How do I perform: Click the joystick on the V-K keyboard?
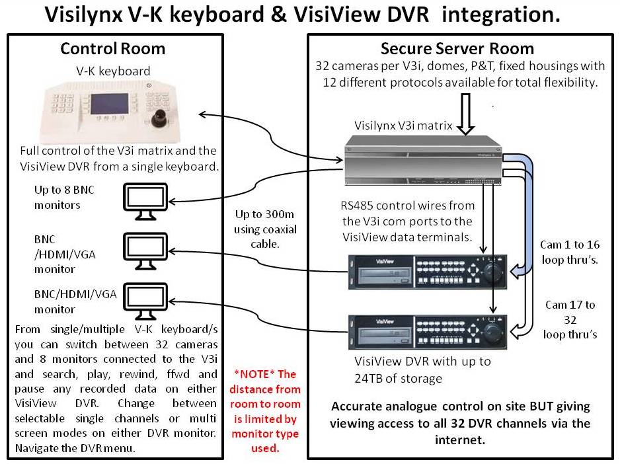pos(161,120)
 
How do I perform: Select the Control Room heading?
pos(112,49)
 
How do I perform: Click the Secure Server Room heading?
pos(457,49)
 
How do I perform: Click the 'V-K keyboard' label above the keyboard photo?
pos(112,71)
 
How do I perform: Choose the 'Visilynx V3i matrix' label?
pos(403,126)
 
